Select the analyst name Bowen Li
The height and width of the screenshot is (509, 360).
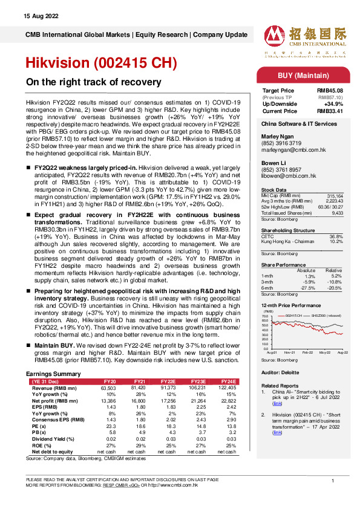(x=273, y=163)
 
